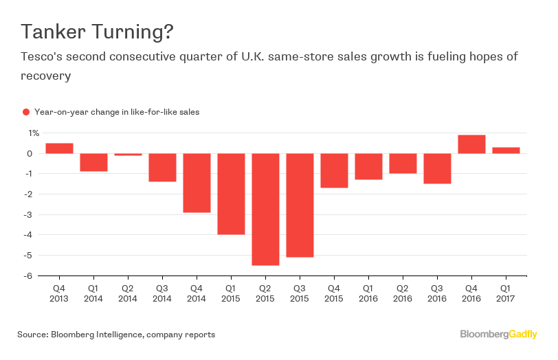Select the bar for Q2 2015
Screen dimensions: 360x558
coord(265,209)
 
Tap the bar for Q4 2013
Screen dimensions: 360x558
coord(59,148)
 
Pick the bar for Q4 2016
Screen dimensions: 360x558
coord(471,144)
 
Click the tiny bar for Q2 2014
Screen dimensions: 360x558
coord(128,155)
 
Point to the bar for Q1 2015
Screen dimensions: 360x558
coord(231,194)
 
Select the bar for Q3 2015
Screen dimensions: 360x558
coord(300,205)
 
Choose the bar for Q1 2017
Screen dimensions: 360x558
coord(506,150)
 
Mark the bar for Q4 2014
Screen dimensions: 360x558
coord(197,183)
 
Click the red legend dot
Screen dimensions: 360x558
coord(26,112)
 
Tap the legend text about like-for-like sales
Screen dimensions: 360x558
coord(116,112)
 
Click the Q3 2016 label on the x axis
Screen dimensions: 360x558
coord(437,293)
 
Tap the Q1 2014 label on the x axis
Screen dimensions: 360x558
coord(93,293)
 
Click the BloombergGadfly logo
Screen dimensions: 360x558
coord(498,335)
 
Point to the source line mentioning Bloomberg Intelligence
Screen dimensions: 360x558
coord(116,335)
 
